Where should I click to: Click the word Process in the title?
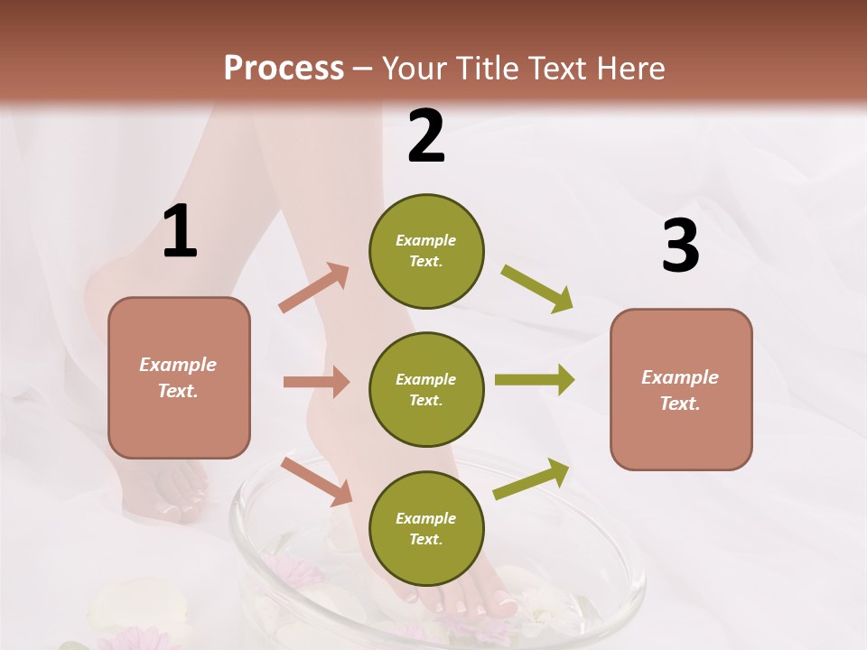(x=284, y=69)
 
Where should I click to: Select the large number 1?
(x=180, y=232)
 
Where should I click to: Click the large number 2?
(x=426, y=136)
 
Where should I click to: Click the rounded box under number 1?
(x=179, y=377)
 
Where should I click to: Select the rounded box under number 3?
(x=681, y=389)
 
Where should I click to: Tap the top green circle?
(x=426, y=251)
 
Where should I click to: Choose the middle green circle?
(x=426, y=389)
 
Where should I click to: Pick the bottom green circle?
(x=426, y=528)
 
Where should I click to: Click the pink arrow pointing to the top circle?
(x=314, y=288)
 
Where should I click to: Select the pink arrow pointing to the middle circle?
(x=316, y=382)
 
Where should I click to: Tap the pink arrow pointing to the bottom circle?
(x=317, y=481)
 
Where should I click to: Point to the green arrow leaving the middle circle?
(x=535, y=380)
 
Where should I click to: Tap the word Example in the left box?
(x=178, y=365)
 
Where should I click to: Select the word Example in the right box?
(x=680, y=377)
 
